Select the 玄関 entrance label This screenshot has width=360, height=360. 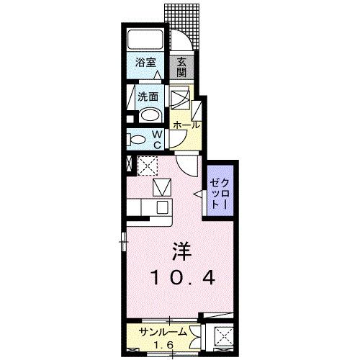[x=182, y=67]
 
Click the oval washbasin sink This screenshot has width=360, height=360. [x=150, y=115]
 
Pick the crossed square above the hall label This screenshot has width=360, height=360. [x=180, y=97]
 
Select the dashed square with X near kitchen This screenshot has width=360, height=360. [x=148, y=165]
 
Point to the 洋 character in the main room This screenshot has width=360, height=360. [x=181, y=253]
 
